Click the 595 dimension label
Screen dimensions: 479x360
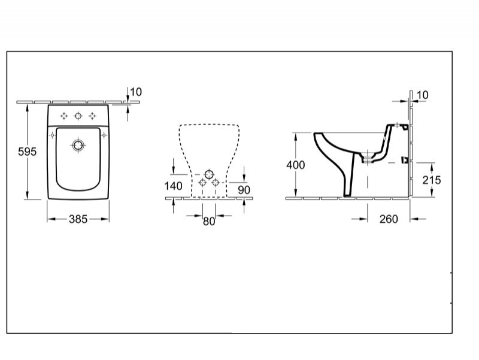tap(27, 152)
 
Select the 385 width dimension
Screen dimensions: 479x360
tap(78, 219)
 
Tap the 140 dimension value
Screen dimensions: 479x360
tap(173, 186)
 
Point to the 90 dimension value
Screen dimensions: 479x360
tap(244, 190)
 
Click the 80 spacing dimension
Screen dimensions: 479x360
tap(209, 221)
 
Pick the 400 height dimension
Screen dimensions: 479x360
tap(295, 165)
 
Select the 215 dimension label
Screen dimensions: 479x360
tap(432, 180)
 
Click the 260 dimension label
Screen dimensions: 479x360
tap(389, 219)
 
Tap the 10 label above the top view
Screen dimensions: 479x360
tap(136, 92)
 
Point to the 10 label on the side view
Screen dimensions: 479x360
tap(423, 95)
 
